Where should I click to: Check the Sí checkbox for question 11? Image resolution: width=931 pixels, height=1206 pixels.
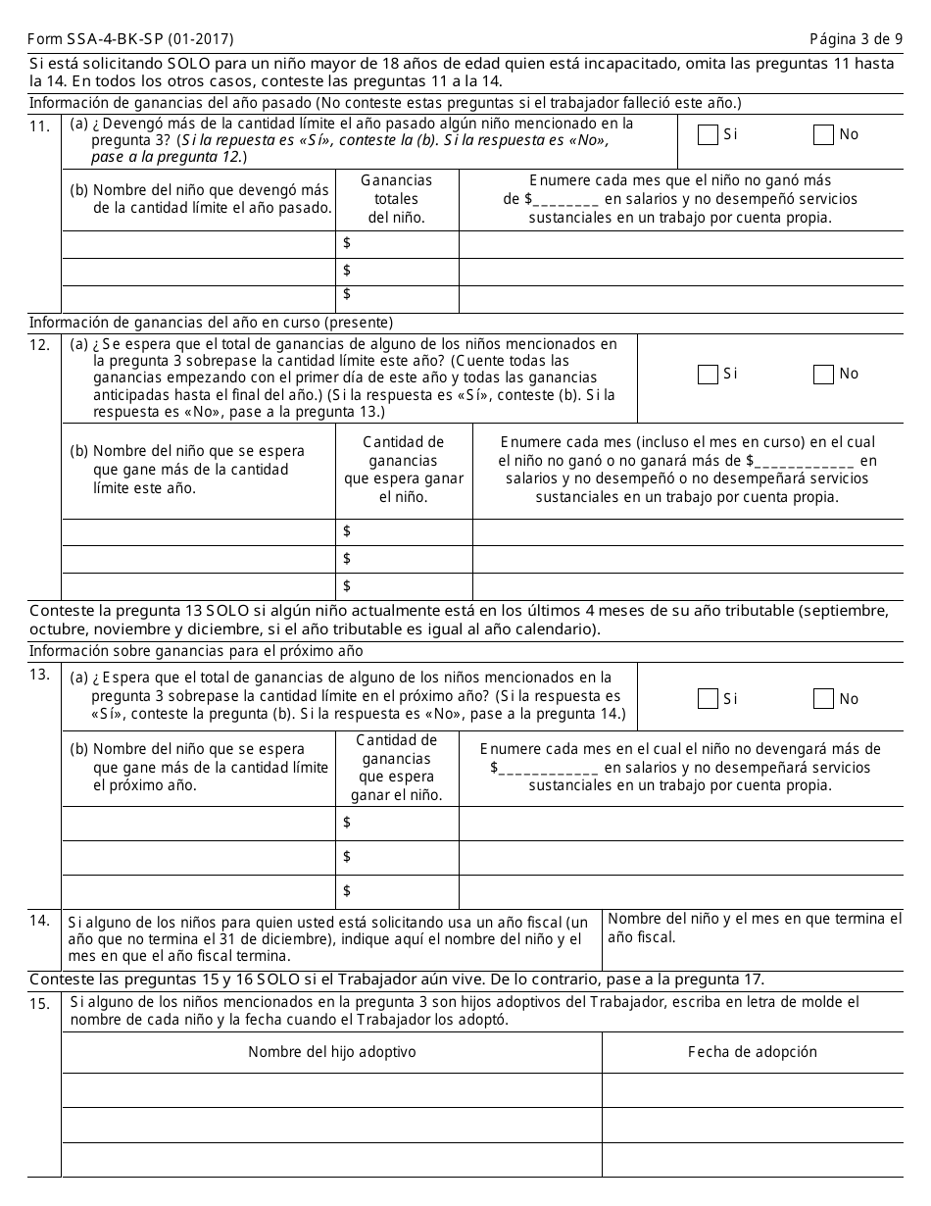pyautogui.click(x=708, y=135)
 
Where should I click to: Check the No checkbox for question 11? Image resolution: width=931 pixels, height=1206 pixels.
pyautogui.click(x=823, y=135)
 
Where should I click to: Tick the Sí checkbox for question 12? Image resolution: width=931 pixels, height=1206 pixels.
pyautogui.click(x=708, y=375)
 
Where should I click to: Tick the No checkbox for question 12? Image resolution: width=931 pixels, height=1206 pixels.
pyautogui.click(x=823, y=375)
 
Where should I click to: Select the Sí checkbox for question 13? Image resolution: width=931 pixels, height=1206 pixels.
pyautogui.click(x=708, y=699)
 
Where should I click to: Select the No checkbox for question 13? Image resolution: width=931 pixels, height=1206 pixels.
pyautogui.click(x=823, y=699)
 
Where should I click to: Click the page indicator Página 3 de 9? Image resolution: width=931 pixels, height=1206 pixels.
pyautogui.click(x=856, y=39)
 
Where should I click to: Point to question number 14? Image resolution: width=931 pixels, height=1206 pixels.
pyautogui.click(x=40, y=921)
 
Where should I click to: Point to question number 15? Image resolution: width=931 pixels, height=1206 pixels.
pyautogui.click(x=40, y=1004)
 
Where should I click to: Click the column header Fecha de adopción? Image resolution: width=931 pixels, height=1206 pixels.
pyautogui.click(x=752, y=1052)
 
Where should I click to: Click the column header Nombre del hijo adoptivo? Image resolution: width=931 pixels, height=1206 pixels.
pyautogui.click(x=331, y=1052)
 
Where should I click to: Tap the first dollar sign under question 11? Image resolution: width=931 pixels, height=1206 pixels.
pyautogui.click(x=347, y=243)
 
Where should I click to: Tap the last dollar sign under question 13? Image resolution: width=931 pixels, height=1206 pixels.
pyautogui.click(x=347, y=891)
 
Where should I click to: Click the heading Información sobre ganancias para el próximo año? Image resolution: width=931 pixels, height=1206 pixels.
pyautogui.click(x=196, y=651)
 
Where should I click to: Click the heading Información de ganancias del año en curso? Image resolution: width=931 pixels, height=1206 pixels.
pyautogui.click(x=211, y=323)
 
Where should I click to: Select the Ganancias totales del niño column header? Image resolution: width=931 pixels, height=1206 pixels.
pyautogui.click(x=396, y=199)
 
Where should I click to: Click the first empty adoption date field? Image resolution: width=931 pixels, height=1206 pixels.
pyautogui.click(x=752, y=1089)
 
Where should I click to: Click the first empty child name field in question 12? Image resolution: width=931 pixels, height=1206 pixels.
pyautogui.click(x=199, y=531)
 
